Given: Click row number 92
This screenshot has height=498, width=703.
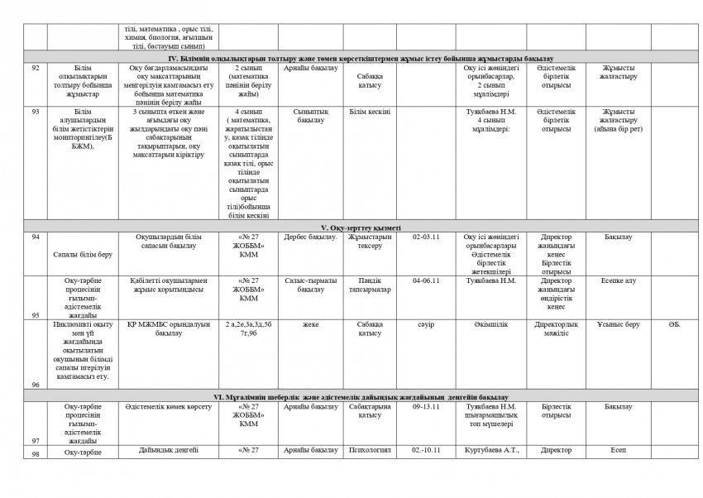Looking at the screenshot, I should [x=35, y=68].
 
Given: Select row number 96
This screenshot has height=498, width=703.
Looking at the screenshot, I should [x=35, y=385].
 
